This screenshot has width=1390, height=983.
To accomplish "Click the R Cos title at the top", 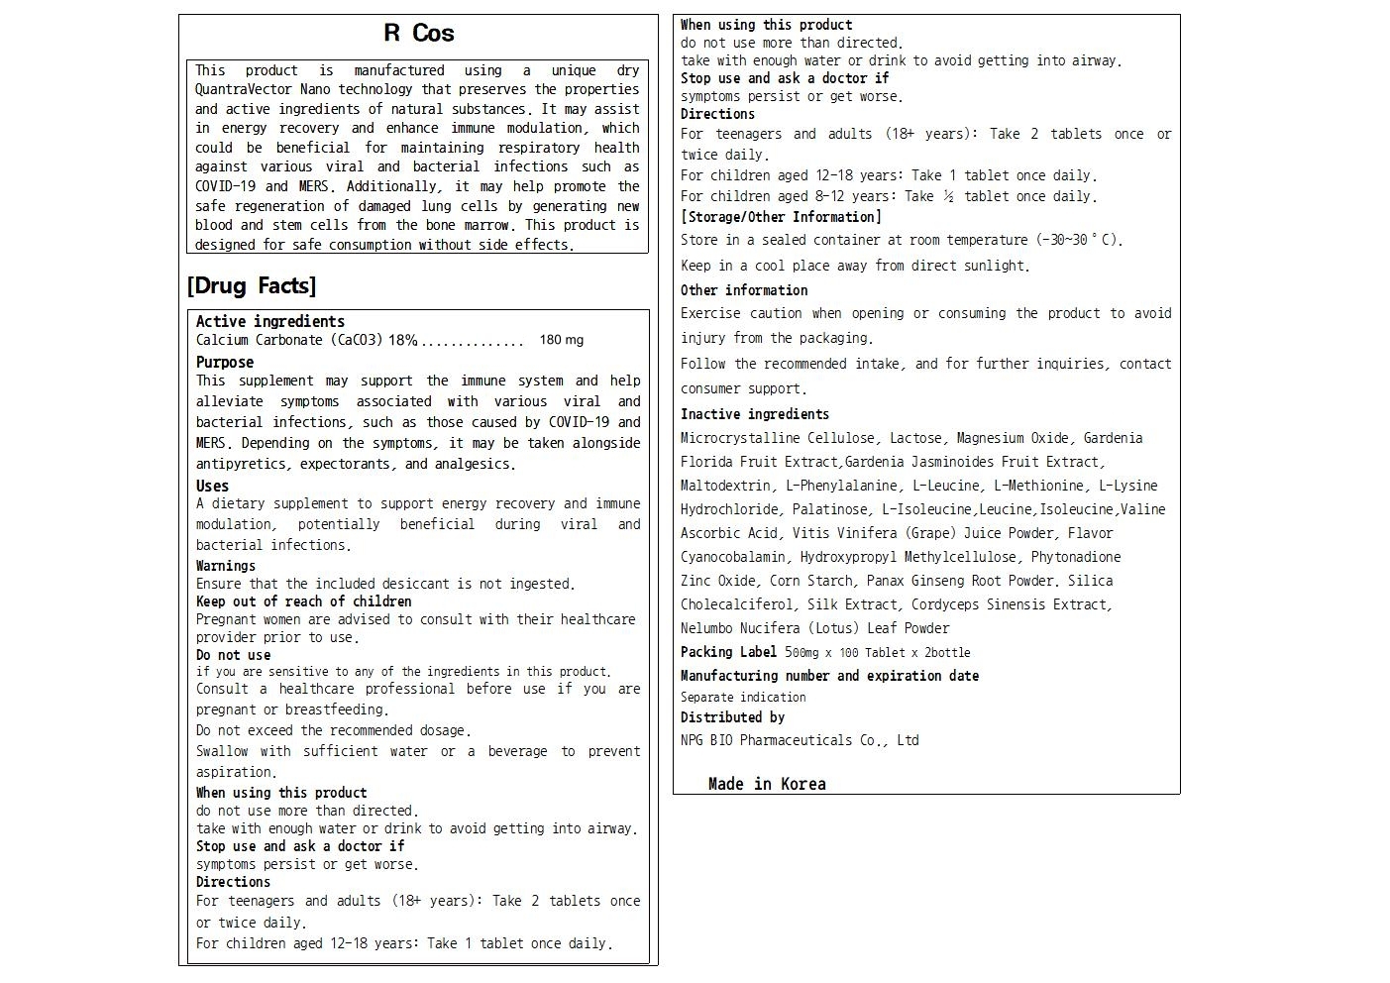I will pyautogui.click(x=418, y=34).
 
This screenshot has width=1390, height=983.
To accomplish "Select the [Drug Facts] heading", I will pyautogui.click(x=252, y=286).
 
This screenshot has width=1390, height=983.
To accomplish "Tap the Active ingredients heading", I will pyautogui.click(x=269, y=322).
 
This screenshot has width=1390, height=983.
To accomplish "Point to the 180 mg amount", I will pyautogui.click(x=561, y=340).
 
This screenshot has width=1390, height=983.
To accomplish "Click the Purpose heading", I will pyautogui.click(x=224, y=363).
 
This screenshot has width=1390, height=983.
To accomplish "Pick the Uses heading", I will pyautogui.click(x=212, y=487).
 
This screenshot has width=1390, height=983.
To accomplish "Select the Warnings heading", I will pyautogui.click(x=225, y=566).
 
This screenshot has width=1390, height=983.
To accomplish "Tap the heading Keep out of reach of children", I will pyautogui.click(x=303, y=601).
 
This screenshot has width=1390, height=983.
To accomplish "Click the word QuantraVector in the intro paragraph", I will pyautogui.click(x=244, y=90).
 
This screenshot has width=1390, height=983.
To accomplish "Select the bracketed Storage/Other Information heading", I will pyautogui.click(x=781, y=217).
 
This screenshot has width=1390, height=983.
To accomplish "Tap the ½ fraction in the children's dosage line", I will pyautogui.click(x=948, y=196).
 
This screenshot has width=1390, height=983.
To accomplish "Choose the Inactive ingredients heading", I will pyautogui.click(x=754, y=414).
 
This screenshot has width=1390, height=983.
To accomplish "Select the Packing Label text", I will pyautogui.click(x=728, y=652).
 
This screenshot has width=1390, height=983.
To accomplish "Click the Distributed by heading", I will pyautogui.click(x=732, y=717).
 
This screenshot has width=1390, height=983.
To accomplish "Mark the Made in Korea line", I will pyautogui.click(x=767, y=784).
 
